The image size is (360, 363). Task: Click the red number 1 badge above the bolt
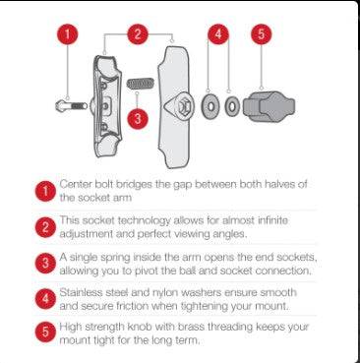point(67,34)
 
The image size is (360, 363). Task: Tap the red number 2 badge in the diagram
point(138,34)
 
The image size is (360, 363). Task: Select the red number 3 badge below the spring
point(138,118)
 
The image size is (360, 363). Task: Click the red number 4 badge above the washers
point(218,34)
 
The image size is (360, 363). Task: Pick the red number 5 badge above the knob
point(262,34)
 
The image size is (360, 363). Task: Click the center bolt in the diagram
point(71,106)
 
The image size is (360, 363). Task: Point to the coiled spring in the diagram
point(141,84)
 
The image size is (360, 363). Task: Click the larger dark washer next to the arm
point(211,106)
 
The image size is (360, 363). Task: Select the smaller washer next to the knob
point(232,106)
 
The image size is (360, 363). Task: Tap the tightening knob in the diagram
point(269,106)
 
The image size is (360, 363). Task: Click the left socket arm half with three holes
point(106,106)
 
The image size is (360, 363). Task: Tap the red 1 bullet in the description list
point(45,191)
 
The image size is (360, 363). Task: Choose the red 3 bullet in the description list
point(45,264)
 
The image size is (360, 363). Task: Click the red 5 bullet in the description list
point(45,332)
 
